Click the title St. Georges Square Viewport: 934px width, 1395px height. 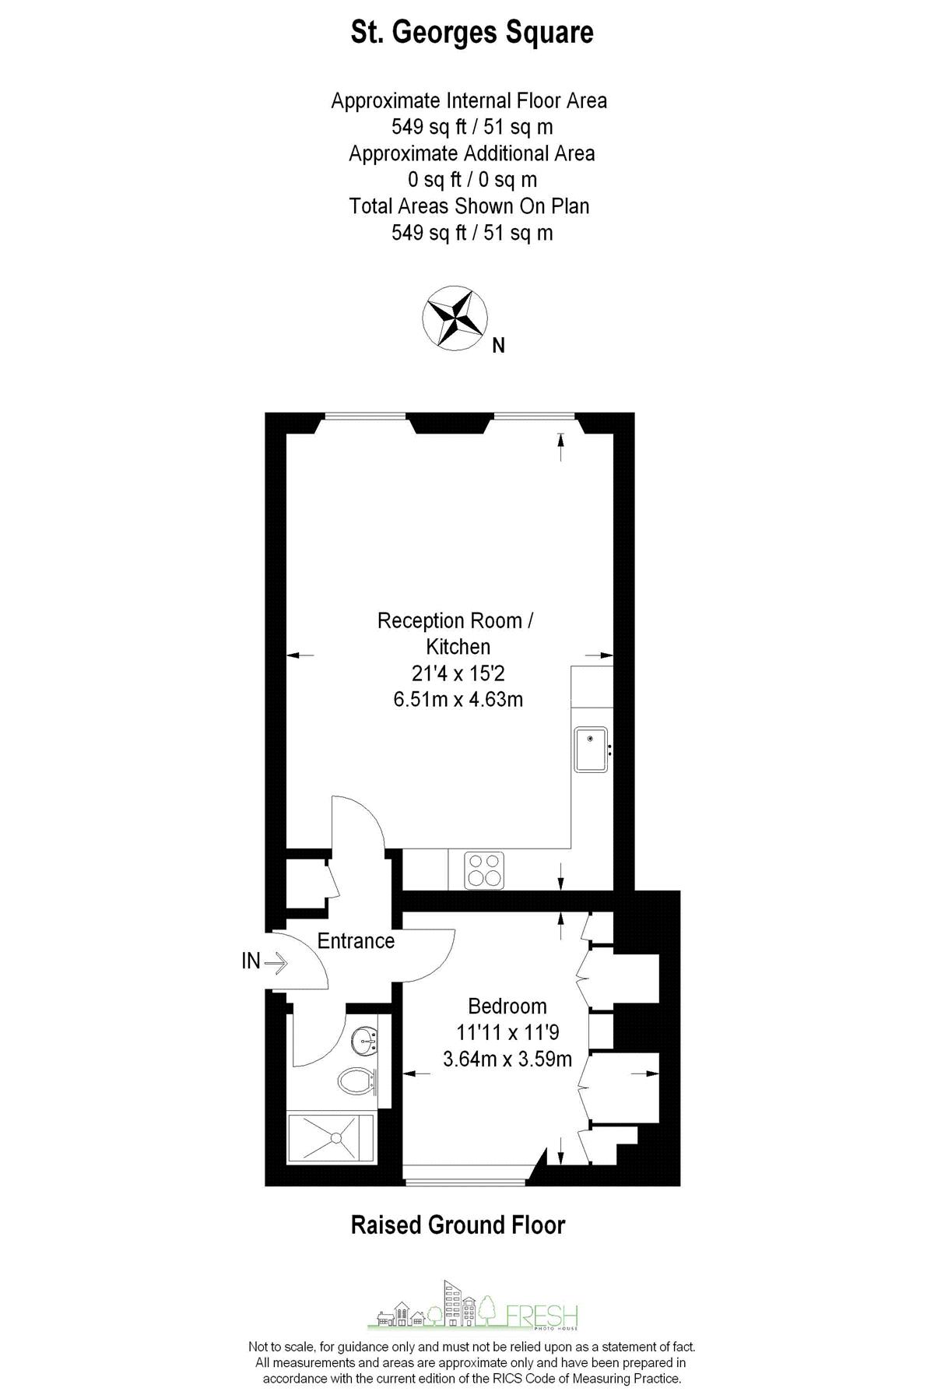point(472,33)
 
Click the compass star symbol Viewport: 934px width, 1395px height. point(455,317)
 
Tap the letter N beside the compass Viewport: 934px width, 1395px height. point(499,345)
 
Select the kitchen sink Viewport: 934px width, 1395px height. point(592,749)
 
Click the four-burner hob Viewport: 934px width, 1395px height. point(484,870)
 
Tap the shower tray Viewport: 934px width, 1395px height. point(331,1137)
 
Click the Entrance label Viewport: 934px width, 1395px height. point(356,940)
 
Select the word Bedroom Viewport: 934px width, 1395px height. point(507,1006)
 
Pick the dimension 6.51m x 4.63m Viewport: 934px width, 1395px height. point(458,699)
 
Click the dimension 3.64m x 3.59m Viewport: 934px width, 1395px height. point(507,1059)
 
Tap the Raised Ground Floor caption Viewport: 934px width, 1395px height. point(458,1225)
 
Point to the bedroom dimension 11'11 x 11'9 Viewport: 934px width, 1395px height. point(507,1032)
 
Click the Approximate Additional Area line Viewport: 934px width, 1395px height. point(472,153)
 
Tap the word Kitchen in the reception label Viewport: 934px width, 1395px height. point(458,646)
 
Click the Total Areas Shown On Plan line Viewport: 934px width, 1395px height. point(469,206)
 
